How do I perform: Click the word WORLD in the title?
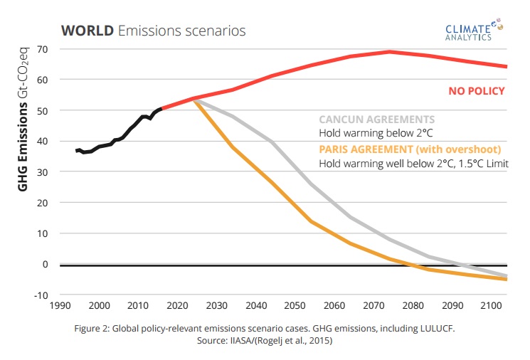click(88, 31)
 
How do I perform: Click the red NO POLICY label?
click(476, 91)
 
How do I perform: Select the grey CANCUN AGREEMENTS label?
click(376, 120)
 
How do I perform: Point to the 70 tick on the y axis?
click(43, 49)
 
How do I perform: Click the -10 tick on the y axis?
click(41, 295)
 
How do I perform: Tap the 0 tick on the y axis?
click(45, 264)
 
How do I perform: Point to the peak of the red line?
click(389, 51)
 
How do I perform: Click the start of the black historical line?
click(76, 151)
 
